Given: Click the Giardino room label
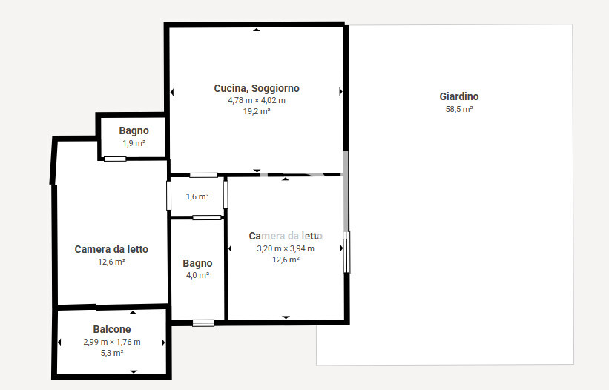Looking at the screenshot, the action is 458,96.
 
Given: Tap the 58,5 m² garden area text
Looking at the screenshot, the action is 459,109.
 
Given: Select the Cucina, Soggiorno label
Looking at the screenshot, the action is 257,88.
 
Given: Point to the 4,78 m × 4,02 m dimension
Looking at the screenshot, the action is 257,100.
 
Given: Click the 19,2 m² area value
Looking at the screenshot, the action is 257,111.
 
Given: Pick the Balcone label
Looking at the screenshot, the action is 112,329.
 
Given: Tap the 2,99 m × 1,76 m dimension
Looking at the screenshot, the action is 112,342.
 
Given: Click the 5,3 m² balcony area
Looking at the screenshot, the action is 112,353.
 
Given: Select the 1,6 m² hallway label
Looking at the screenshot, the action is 197,196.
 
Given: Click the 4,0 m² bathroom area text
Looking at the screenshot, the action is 198,275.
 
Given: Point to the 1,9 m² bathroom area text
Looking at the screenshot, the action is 134,143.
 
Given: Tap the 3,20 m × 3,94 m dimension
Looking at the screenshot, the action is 286,248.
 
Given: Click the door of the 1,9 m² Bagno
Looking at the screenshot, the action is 115,159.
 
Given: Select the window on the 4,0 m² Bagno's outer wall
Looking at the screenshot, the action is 203,323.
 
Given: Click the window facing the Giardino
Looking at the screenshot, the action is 346,252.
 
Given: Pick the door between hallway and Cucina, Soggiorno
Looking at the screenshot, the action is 203,176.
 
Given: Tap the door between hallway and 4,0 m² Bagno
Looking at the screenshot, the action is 207,218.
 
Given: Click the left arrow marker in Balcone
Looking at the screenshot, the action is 59,343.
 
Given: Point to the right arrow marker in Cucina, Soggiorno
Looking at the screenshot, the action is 340,92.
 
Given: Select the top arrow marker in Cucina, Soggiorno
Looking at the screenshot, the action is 257,30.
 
